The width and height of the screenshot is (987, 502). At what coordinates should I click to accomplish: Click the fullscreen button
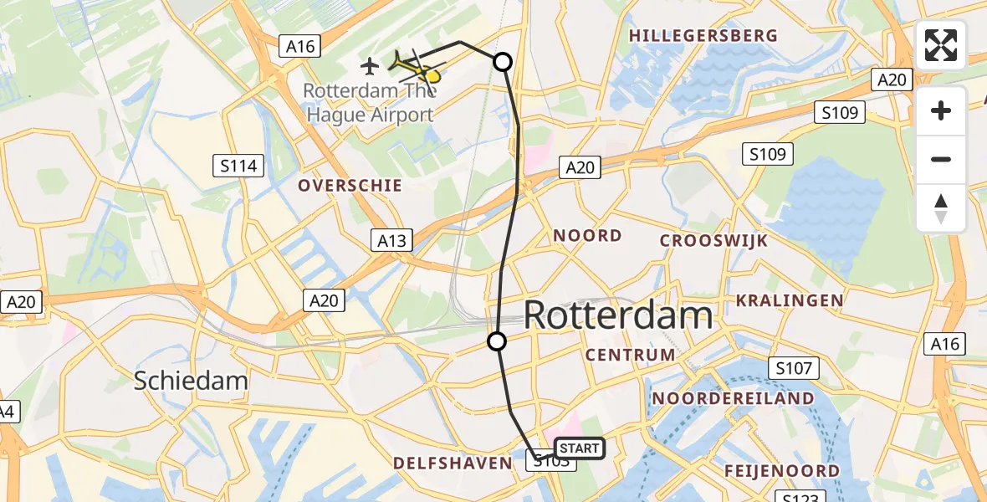(941, 45)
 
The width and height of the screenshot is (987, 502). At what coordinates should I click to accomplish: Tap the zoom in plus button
(941, 110)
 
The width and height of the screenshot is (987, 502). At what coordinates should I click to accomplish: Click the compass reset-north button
(941, 208)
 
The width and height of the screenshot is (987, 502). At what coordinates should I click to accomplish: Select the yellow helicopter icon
(417, 67)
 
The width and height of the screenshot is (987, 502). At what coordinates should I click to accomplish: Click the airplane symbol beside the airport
(370, 64)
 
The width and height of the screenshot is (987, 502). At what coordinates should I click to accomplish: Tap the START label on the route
(578, 448)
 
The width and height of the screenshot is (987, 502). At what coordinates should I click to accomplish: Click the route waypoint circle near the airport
(503, 61)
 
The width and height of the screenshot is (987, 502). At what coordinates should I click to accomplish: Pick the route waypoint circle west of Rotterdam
(497, 341)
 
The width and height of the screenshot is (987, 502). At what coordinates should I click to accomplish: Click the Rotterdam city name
(618, 315)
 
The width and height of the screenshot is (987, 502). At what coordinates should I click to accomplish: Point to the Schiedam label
(192, 382)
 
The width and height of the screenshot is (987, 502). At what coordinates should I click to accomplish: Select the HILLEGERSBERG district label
(703, 36)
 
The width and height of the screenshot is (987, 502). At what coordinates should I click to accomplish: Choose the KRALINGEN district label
(789, 300)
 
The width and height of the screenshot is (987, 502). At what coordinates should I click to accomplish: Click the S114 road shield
(238, 166)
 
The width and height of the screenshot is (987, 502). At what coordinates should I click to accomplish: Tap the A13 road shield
(391, 241)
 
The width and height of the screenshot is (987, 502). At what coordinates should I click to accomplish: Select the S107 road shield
(794, 367)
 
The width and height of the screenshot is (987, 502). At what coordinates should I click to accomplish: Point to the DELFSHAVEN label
(452, 463)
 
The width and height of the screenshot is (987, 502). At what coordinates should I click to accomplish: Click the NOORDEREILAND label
(733, 398)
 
